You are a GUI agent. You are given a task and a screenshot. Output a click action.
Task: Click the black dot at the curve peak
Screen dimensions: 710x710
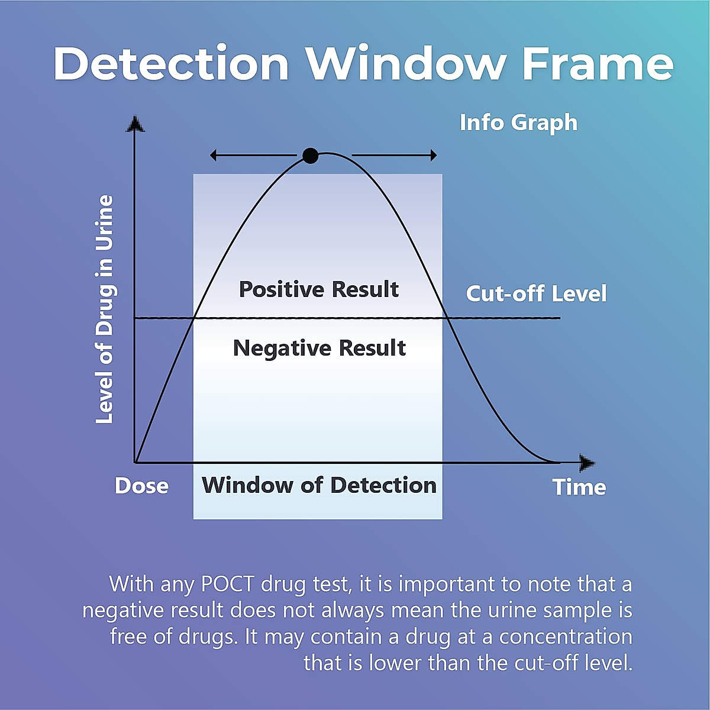[x=310, y=156]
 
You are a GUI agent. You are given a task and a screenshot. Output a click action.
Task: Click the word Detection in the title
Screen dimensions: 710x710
[x=171, y=63]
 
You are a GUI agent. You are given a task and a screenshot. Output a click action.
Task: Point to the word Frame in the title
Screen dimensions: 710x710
[x=598, y=63]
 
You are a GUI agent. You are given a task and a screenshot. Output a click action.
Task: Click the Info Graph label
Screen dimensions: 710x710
[x=518, y=122]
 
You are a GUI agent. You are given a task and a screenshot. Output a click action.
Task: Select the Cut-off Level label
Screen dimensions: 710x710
[x=536, y=293]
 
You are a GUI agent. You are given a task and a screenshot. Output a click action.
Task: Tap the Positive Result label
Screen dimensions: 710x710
[x=319, y=289]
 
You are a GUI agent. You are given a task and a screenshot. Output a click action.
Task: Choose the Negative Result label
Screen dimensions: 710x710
[x=319, y=348]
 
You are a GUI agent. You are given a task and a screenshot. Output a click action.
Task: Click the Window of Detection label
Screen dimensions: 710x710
[x=319, y=485]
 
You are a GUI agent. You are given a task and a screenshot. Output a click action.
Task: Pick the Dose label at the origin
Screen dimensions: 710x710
[x=141, y=486]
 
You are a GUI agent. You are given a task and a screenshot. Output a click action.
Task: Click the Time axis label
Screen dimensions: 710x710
[x=579, y=487]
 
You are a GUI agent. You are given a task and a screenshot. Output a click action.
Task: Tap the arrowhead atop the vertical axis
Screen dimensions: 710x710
[x=135, y=124]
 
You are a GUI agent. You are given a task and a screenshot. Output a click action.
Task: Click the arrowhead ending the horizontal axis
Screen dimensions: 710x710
[x=587, y=463]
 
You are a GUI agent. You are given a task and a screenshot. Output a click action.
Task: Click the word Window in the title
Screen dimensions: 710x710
[x=405, y=63]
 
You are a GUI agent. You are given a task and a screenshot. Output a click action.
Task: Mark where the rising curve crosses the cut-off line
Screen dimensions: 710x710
[x=196, y=318]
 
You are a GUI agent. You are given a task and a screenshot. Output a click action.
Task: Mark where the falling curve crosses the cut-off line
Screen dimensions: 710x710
[x=448, y=318]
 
